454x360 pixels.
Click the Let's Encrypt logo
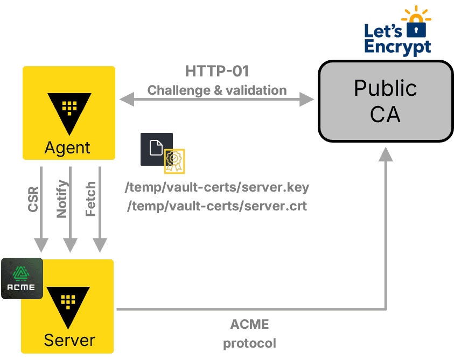pyautogui.click(x=399, y=30)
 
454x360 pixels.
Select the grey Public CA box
pyautogui.click(x=385, y=102)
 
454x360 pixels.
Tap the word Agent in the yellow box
pyautogui.click(x=68, y=147)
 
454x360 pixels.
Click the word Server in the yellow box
pyautogui.click(x=69, y=340)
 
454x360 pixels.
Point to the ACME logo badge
pyautogui.click(x=22, y=278)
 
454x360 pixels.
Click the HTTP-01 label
pyautogui.click(x=216, y=72)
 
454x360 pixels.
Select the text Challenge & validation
pyautogui.click(x=216, y=90)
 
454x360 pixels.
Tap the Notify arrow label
pyautogui.click(x=62, y=199)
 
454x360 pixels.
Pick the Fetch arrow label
pyautogui.click(x=91, y=199)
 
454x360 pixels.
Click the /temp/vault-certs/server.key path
pyautogui.click(x=217, y=188)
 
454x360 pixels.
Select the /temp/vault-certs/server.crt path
pyautogui.click(x=216, y=206)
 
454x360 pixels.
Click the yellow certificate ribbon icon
pyautogui.click(x=174, y=161)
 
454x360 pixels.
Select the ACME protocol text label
pyautogui.click(x=249, y=333)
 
